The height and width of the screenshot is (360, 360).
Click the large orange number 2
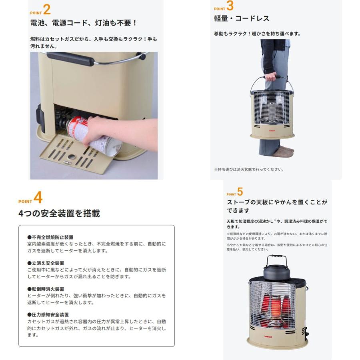46,10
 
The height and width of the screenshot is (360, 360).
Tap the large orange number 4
38,198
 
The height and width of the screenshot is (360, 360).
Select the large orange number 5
240,192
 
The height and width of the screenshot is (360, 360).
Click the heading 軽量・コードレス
242,19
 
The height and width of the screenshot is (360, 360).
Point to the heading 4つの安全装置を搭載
59,214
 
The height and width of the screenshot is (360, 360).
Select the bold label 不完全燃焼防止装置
50,237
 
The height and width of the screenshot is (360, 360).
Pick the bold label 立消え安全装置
46,263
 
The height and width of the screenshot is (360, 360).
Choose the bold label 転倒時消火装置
46,289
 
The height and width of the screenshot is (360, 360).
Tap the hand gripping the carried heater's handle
271,76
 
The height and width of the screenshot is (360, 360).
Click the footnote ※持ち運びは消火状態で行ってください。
249,170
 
